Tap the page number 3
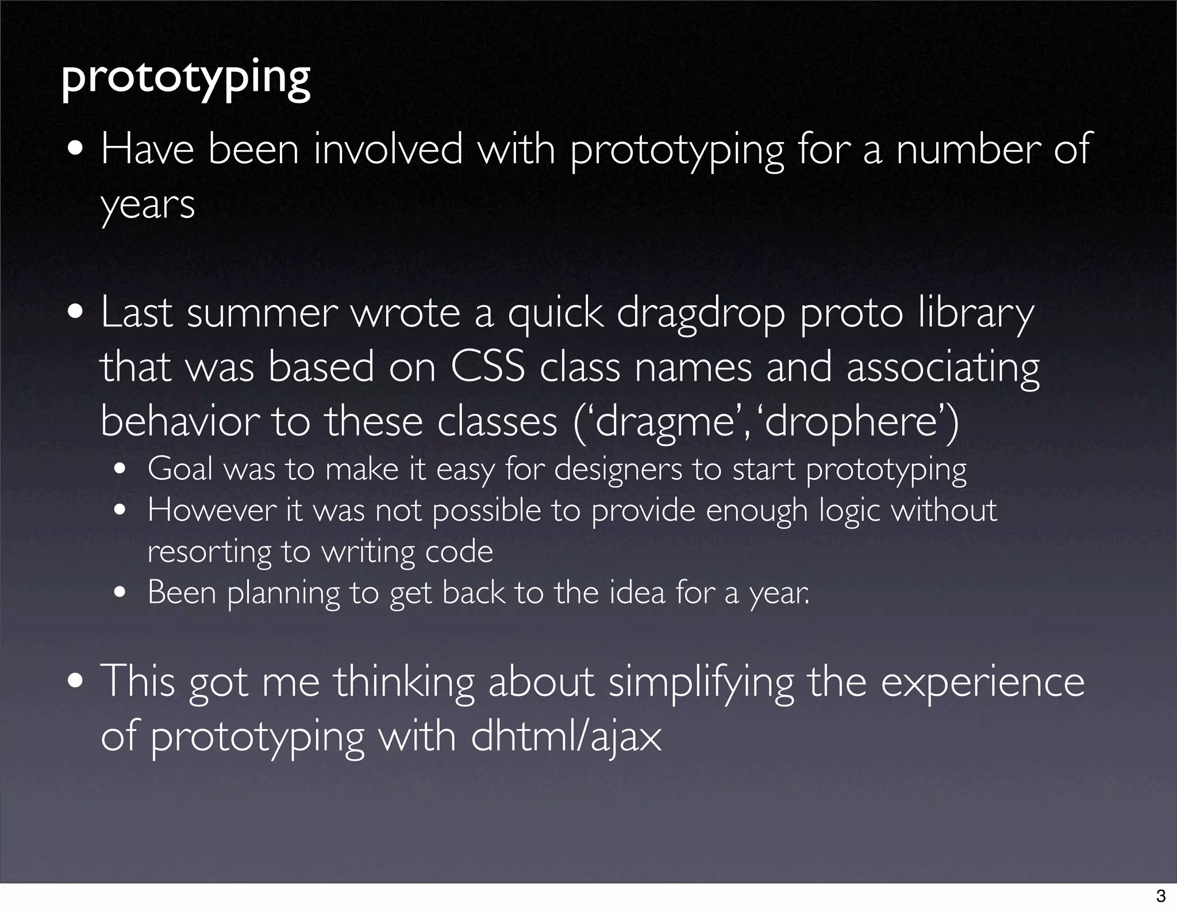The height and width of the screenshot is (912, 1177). point(1160,895)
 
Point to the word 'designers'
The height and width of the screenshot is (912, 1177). point(618,470)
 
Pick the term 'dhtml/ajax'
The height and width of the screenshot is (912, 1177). point(566,737)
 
